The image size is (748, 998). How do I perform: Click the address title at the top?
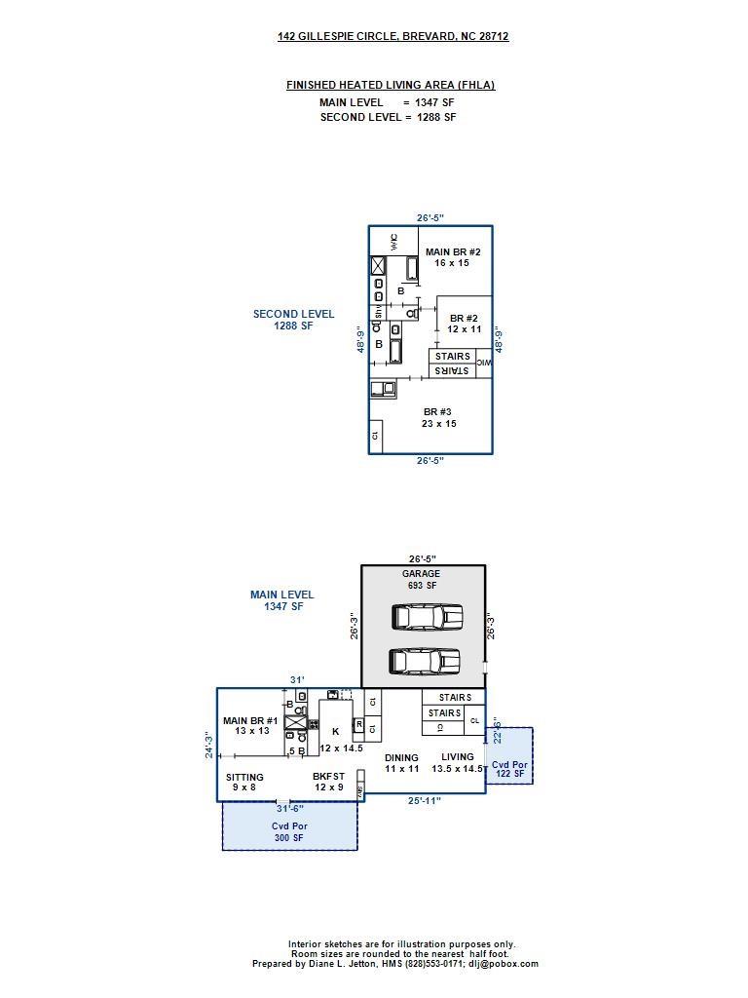point(393,36)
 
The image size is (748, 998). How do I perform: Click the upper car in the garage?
point(427,617)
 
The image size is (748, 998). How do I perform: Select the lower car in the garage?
point(425,661)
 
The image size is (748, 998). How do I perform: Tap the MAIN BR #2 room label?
point(453,257)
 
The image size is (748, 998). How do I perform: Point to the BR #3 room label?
point(438,417)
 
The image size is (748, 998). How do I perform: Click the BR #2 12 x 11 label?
point(464,324)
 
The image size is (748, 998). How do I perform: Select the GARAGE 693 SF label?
point(421,579)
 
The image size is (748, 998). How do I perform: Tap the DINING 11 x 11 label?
point(401,763)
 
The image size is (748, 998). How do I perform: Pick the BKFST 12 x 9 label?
point(328,782)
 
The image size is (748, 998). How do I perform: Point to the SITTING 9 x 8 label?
point(244,783)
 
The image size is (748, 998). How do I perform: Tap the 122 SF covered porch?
point(509,756)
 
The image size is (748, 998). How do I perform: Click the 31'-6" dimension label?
point(290,808)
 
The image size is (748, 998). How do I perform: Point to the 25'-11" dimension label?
point(425,801)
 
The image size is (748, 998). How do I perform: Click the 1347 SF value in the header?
point(434,102)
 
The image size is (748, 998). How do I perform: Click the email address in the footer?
point(504,964)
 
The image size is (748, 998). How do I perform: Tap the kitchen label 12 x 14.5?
point(341,748)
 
